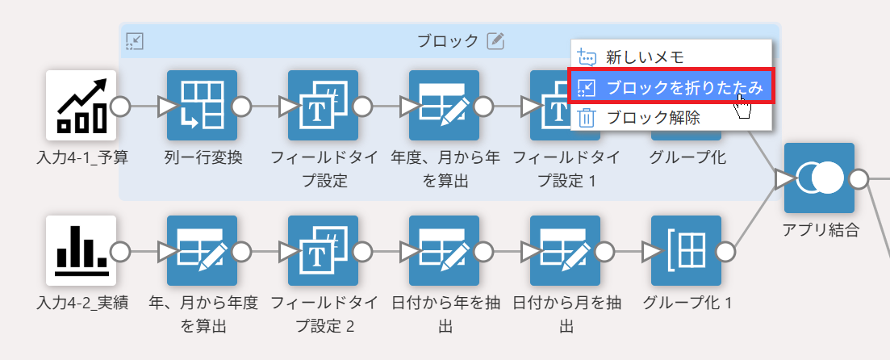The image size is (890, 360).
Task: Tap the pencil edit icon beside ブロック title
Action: pyautogui.click(x=495, y=40)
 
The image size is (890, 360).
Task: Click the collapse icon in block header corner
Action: pyautogui.click(x=135, y=40)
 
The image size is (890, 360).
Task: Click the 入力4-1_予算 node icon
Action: pyautogui.click(x=81, y=106)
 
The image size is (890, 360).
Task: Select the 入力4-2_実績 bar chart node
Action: pyautogui.click(x=81, y=251)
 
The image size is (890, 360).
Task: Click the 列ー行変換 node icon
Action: pyautogui.click(x=202, y=106)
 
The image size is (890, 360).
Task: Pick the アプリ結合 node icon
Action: pyautogui.click(x=819, y=178)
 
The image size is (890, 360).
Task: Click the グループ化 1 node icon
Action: pyautogui.click(x=686, y=251)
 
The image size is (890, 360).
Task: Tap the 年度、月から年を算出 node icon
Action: pyautogui.click(x=444, y=106)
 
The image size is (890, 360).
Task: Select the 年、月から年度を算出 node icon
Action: pyautogui.click(x=202, y=251)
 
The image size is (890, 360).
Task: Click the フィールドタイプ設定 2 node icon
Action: pyautogui.click(x=323, y=251)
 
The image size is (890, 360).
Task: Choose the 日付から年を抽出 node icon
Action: pyautogui.click(x=444, y=251)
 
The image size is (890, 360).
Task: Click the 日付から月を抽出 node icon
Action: pyautogui.click(x=565, y=251)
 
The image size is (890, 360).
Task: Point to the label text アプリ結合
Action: pyautogui.click(x=820, y=230)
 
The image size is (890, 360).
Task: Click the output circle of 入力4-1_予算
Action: pyautogui.click(x=121, y=106)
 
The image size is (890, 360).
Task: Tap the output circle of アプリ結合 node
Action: pyautogui.click(x=859, y=178)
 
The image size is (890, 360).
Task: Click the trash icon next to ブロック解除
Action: pyautogui.click(x=587, y=118)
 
